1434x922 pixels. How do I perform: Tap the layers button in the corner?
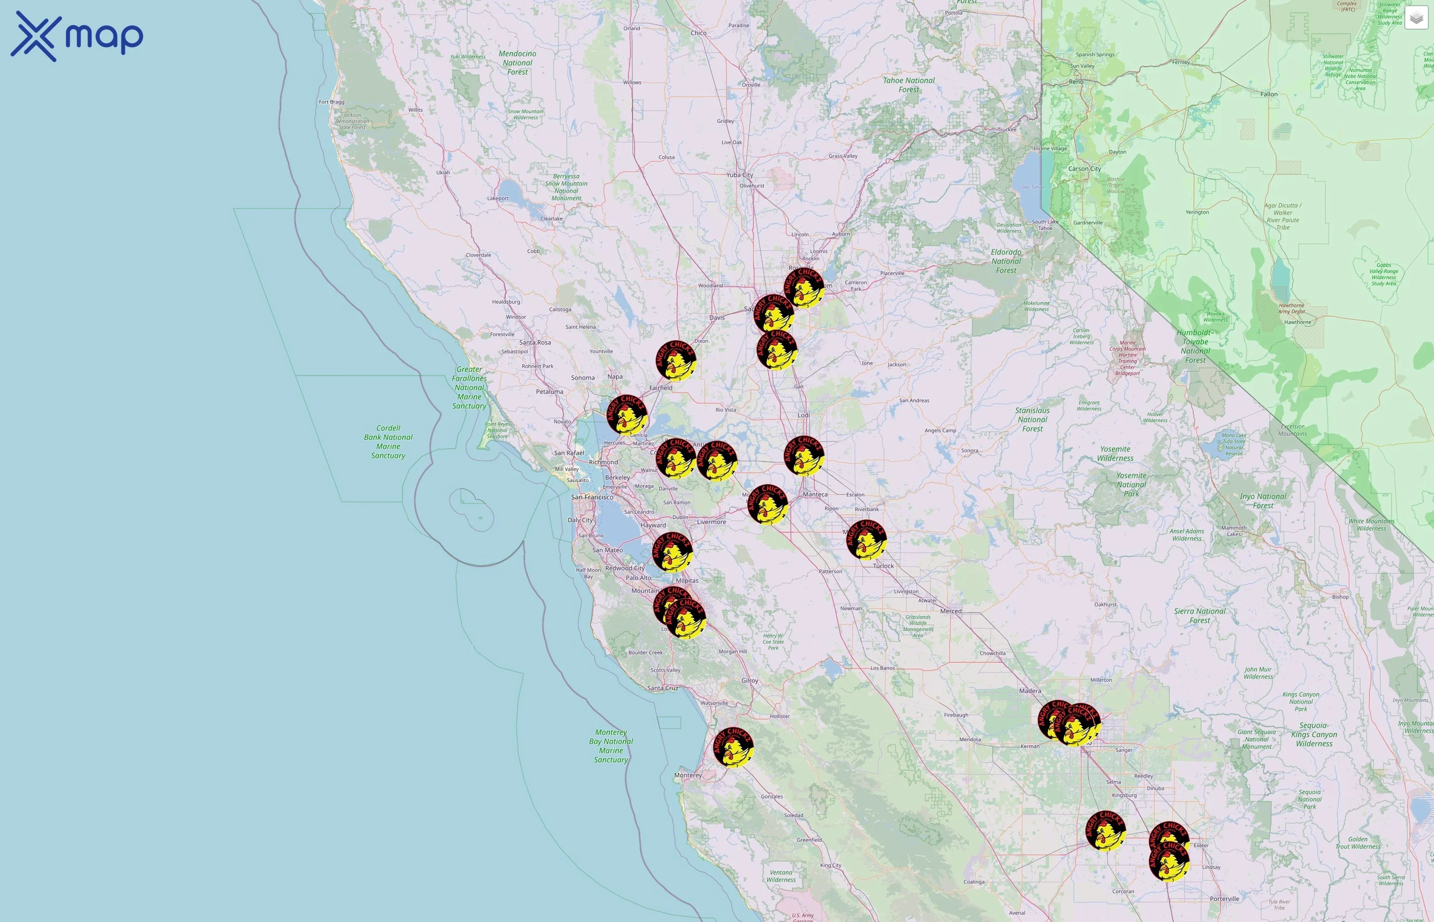[x=1416, y=18]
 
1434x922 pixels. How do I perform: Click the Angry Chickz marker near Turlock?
[x=866, y=540]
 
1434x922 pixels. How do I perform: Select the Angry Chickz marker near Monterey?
[x=733, y=747]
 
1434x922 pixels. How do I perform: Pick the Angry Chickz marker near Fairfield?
[x=676, y=361]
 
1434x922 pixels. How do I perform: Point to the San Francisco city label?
[x=592, y=497]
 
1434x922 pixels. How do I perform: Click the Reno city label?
[x=1075, y=81]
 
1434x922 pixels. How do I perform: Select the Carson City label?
[x=1085, y=169]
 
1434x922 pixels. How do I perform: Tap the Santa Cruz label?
[x=663, y=688]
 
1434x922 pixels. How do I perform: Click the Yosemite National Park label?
[x=1131, y=485]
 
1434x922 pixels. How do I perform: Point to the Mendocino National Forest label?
[x=518, y=63]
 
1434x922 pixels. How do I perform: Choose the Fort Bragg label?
[x=331, y=102]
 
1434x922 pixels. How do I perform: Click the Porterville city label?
[x=1225, y=898]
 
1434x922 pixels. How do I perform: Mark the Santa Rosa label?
[x=535, y=343]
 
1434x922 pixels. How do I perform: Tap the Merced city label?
[x=951, y=611]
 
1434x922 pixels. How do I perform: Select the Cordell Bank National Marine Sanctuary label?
[x=388, y=442]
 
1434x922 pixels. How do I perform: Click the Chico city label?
[x=699, y=33]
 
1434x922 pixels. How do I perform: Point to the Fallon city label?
[x=1269, y=94]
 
